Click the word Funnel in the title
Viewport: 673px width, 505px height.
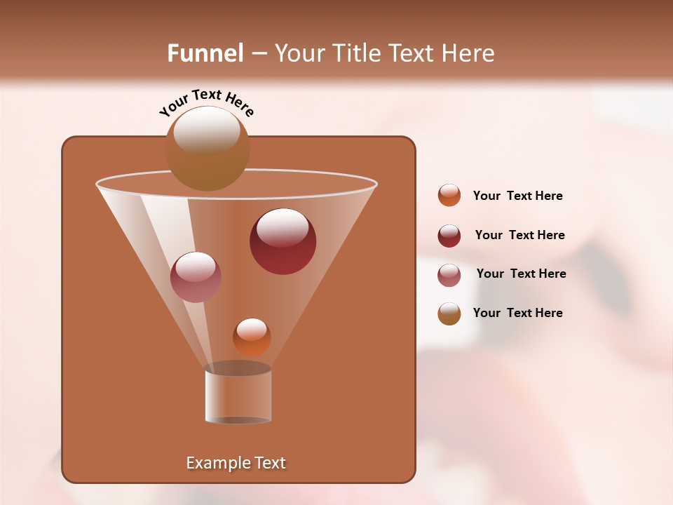pyautogui.click(x=205, y=53)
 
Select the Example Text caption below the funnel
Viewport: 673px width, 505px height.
pyautogui.click(x=236, y=463)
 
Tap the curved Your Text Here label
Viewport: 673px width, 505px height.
pyautogui.click(x=207, y=102)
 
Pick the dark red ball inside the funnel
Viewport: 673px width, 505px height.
pyautogui.click(x=283, y=241)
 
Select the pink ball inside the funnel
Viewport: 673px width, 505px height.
pyautogui.click(x=196, y=277)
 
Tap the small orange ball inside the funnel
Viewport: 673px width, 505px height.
pyautogui.click(x=252, y=337)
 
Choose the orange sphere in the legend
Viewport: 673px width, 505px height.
pyautogui.click(x=449, y=196)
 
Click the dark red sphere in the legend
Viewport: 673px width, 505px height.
pyautogui.click(x=449, y=236)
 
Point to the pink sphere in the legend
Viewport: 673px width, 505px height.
pyautogui.click(x=449, y=275)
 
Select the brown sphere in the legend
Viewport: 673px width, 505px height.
pyautogui.click(x=449, y=314)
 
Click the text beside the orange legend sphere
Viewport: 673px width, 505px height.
pyautogui.click(x=517, y=196)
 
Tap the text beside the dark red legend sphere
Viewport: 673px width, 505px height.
pyautogui.click(x=519, y=236)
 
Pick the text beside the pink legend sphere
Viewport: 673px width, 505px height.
pyautogui.click(x=521, y=274)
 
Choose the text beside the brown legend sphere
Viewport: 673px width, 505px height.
pyautogui.click(x=517, y=314)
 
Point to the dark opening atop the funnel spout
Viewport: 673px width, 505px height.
pyautogui.click(x=238, y=368)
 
